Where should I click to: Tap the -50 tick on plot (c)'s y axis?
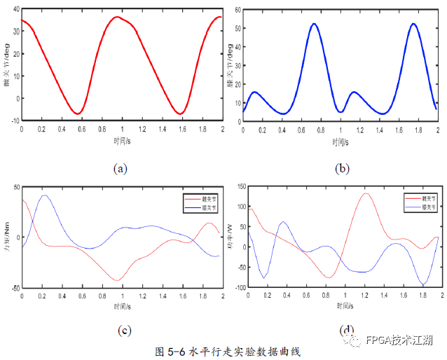(x=14, y=287)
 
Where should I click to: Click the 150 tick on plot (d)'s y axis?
(x=240, y=187)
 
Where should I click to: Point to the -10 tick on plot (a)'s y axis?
(x=15, y=120)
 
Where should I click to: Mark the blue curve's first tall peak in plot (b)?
(x=315, y=24)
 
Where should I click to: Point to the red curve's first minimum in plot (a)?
(x=78, y=113)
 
